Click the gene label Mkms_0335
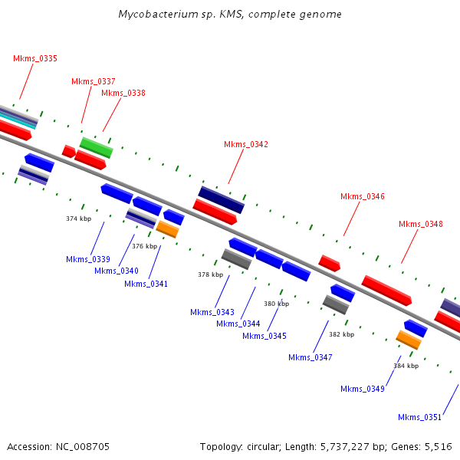pos(35,58)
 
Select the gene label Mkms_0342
pos(246,144)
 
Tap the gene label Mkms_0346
pos(363,196)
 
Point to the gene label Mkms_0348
pos(421,224)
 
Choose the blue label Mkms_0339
pos(88,259)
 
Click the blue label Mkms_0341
pos(146,284)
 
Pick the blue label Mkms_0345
pos(264,336)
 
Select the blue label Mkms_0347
pos(310,357)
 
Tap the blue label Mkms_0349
pos(363,389)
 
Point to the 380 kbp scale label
pos(277,304)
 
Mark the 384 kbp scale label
pos(406,366)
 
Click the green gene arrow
pos(97,147)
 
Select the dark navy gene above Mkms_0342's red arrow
pos(221,199)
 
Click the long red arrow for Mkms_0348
pos(386,291)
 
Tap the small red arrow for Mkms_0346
pos(330,263)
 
